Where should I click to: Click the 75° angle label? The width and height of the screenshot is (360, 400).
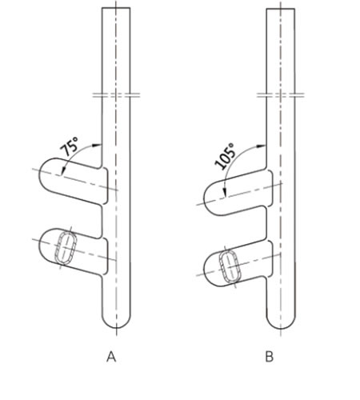70,146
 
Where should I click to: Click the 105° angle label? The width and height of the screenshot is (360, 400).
225,156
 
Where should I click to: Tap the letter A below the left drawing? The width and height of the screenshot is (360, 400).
111,357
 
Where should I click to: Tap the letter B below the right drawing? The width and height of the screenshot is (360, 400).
270,357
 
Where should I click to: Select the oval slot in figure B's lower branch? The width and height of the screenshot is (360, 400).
229,266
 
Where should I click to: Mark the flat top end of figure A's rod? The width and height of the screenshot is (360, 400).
116,8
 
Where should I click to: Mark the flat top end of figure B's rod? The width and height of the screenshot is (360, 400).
281,9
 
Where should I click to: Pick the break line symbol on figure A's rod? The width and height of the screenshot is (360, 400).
116,95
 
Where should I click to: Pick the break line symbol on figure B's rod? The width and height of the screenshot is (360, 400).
281,95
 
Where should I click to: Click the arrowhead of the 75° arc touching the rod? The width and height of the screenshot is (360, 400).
98,145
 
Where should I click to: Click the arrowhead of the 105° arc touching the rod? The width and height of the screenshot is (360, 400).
262,146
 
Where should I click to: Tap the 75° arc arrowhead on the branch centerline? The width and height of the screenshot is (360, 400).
62,171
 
